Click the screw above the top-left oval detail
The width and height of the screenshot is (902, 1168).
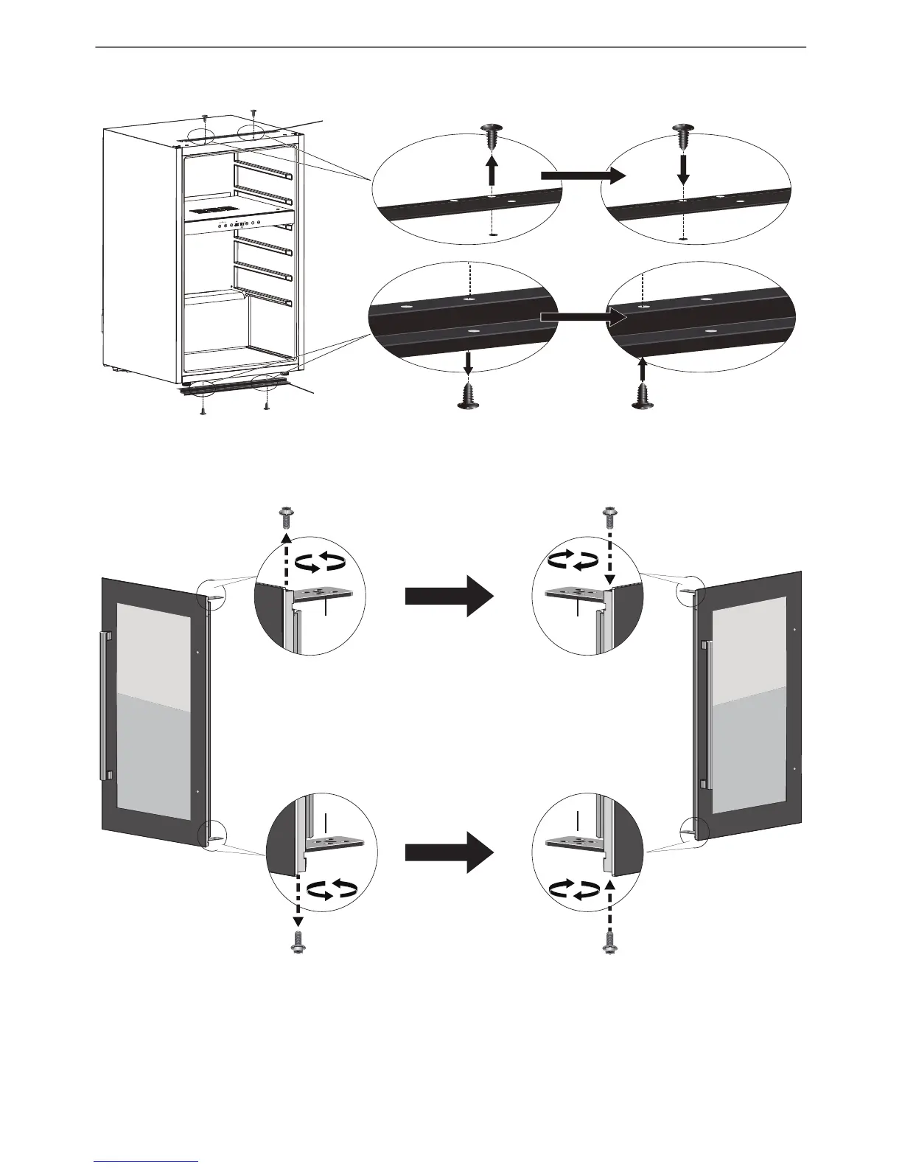(x=491, y=136)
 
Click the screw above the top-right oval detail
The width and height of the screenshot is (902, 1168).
(x=683, y=136)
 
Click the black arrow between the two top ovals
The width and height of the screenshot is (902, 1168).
(x=582, y=176)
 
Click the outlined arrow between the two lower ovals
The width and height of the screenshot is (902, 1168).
(x=582, y=317)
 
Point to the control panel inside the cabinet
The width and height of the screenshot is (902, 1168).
(x=228, y=221)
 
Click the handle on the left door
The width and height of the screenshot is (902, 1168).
(x=105, y=704)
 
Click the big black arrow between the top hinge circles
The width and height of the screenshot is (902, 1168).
(x=448, y=596)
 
